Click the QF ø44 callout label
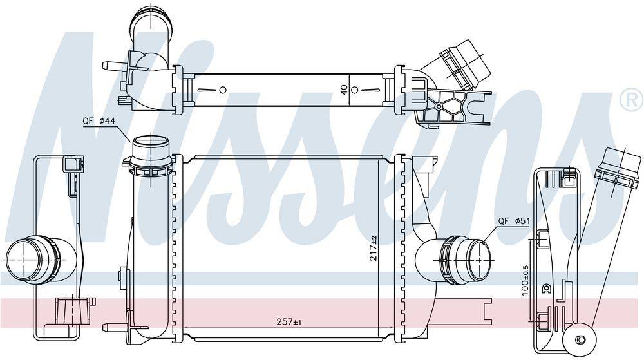[x=99, y=121]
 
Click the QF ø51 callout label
[x=514, y=222]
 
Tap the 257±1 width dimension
[x=289, y=322]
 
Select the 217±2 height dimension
[x=374, y=247]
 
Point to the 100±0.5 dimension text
[x=526, y=281]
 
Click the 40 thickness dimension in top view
[x=344, y=89]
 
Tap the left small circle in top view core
[x=223, y=90]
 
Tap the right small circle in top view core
[x=355, y=90]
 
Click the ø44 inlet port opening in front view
[x=151, y=143]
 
